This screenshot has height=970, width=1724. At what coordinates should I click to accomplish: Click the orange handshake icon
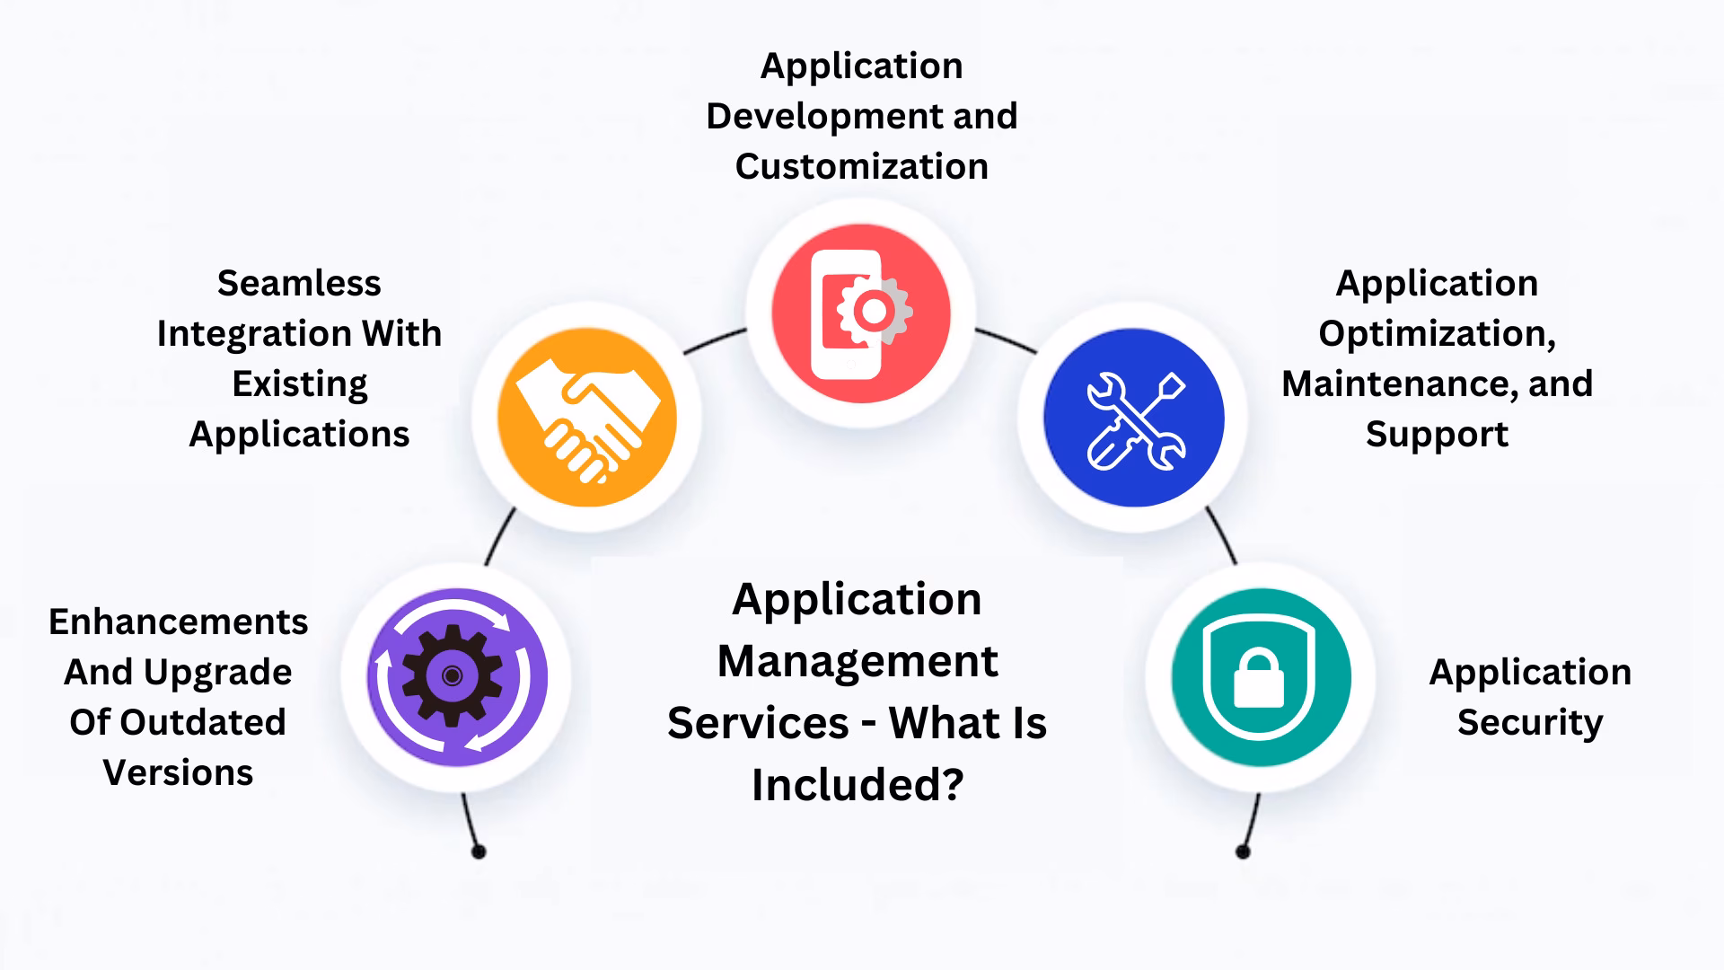587,418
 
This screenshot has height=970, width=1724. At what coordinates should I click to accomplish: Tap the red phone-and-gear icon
861,313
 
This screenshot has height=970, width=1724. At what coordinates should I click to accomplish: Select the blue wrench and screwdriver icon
1134,418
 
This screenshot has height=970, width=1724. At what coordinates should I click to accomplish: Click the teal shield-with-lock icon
1261,677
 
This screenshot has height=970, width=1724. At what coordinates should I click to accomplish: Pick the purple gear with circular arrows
456,677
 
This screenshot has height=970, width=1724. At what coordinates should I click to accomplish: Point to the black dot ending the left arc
479,851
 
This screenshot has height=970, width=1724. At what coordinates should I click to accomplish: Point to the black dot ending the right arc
1243,851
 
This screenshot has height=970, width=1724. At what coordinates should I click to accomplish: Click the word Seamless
299,284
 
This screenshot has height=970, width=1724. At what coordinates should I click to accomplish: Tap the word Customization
861,167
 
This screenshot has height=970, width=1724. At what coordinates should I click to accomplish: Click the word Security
1529,723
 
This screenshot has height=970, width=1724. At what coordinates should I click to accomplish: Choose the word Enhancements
178,622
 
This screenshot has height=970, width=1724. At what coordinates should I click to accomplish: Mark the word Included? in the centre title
858,785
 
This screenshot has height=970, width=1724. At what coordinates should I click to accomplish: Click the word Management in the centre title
858,662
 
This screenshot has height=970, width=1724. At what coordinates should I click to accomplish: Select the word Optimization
1437,334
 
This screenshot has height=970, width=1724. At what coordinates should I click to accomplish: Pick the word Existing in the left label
299,384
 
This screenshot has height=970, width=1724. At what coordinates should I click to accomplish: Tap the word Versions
178,773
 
